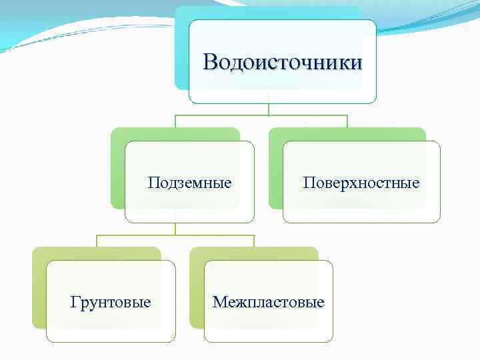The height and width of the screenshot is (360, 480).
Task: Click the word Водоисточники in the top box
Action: (x=283, y=62)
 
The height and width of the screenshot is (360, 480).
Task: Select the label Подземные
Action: (x=190, y=182)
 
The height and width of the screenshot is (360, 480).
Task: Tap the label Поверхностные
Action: (x=361, y=182)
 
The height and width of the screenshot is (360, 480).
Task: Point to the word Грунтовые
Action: (x=111, y=302)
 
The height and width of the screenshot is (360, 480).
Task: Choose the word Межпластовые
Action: (x=268, y=302)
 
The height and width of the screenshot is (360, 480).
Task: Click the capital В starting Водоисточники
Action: (x=211, y=62)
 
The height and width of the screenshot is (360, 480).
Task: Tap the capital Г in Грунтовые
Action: (x=75, y=302)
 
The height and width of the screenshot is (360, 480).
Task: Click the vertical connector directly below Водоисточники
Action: (x=269, y=109)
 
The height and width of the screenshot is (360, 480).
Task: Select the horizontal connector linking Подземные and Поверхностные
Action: (x=267, y=115)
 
